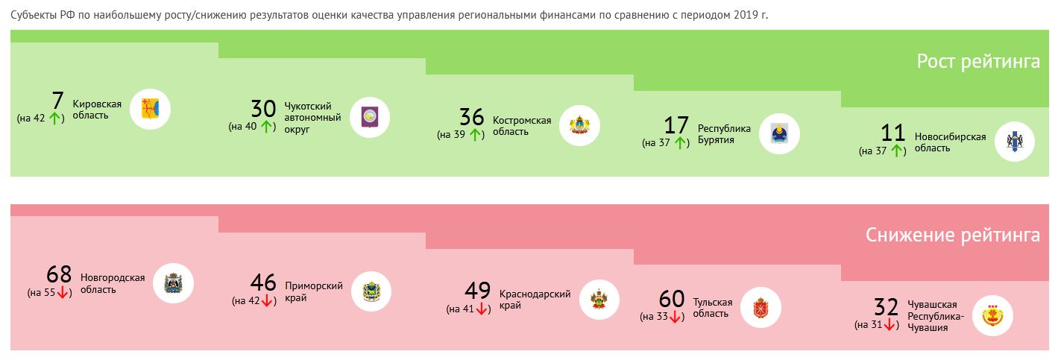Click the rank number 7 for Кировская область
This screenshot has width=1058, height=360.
(57, 101)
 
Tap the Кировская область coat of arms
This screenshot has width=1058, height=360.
(151, 110)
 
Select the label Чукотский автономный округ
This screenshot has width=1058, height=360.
(312, 118)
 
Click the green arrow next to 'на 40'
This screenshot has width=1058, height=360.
(266, 127)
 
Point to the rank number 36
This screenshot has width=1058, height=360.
(471, 117)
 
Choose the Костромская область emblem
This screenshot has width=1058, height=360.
(579, 126)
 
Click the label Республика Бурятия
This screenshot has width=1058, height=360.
(724, 134)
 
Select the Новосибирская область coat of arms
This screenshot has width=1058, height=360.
(1015, 142)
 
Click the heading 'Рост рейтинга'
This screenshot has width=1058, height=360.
(977, 61)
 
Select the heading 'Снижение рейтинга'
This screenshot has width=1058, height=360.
(952, 236)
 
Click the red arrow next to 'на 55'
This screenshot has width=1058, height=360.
(63, 293)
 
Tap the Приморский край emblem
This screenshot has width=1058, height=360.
(371, 291)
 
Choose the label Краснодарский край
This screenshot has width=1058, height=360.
(535, 300)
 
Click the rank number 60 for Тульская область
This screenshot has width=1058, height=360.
(671, 299)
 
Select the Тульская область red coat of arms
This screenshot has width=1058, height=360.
(761, 307)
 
